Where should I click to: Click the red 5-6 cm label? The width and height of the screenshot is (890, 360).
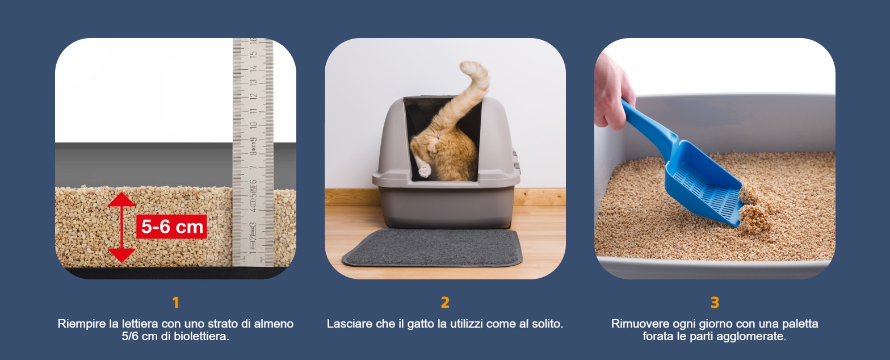click(x=171, y=227)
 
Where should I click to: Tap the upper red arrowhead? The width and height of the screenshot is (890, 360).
click(x=121, y=200)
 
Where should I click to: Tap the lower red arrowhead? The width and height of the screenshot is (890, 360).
click(x=121, y=256)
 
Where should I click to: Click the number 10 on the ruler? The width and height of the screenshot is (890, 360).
click(x=253, y=125)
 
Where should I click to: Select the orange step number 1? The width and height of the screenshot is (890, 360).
click(x=175, y=303)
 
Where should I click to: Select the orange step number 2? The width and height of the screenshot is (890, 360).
click(x=445, y=303)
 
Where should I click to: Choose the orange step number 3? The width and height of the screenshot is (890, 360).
click(x=715, y=303)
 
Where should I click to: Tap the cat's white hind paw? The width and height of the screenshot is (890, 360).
click(x=425, y=171)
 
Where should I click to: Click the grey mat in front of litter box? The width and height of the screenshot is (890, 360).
click(x=433, y=248)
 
